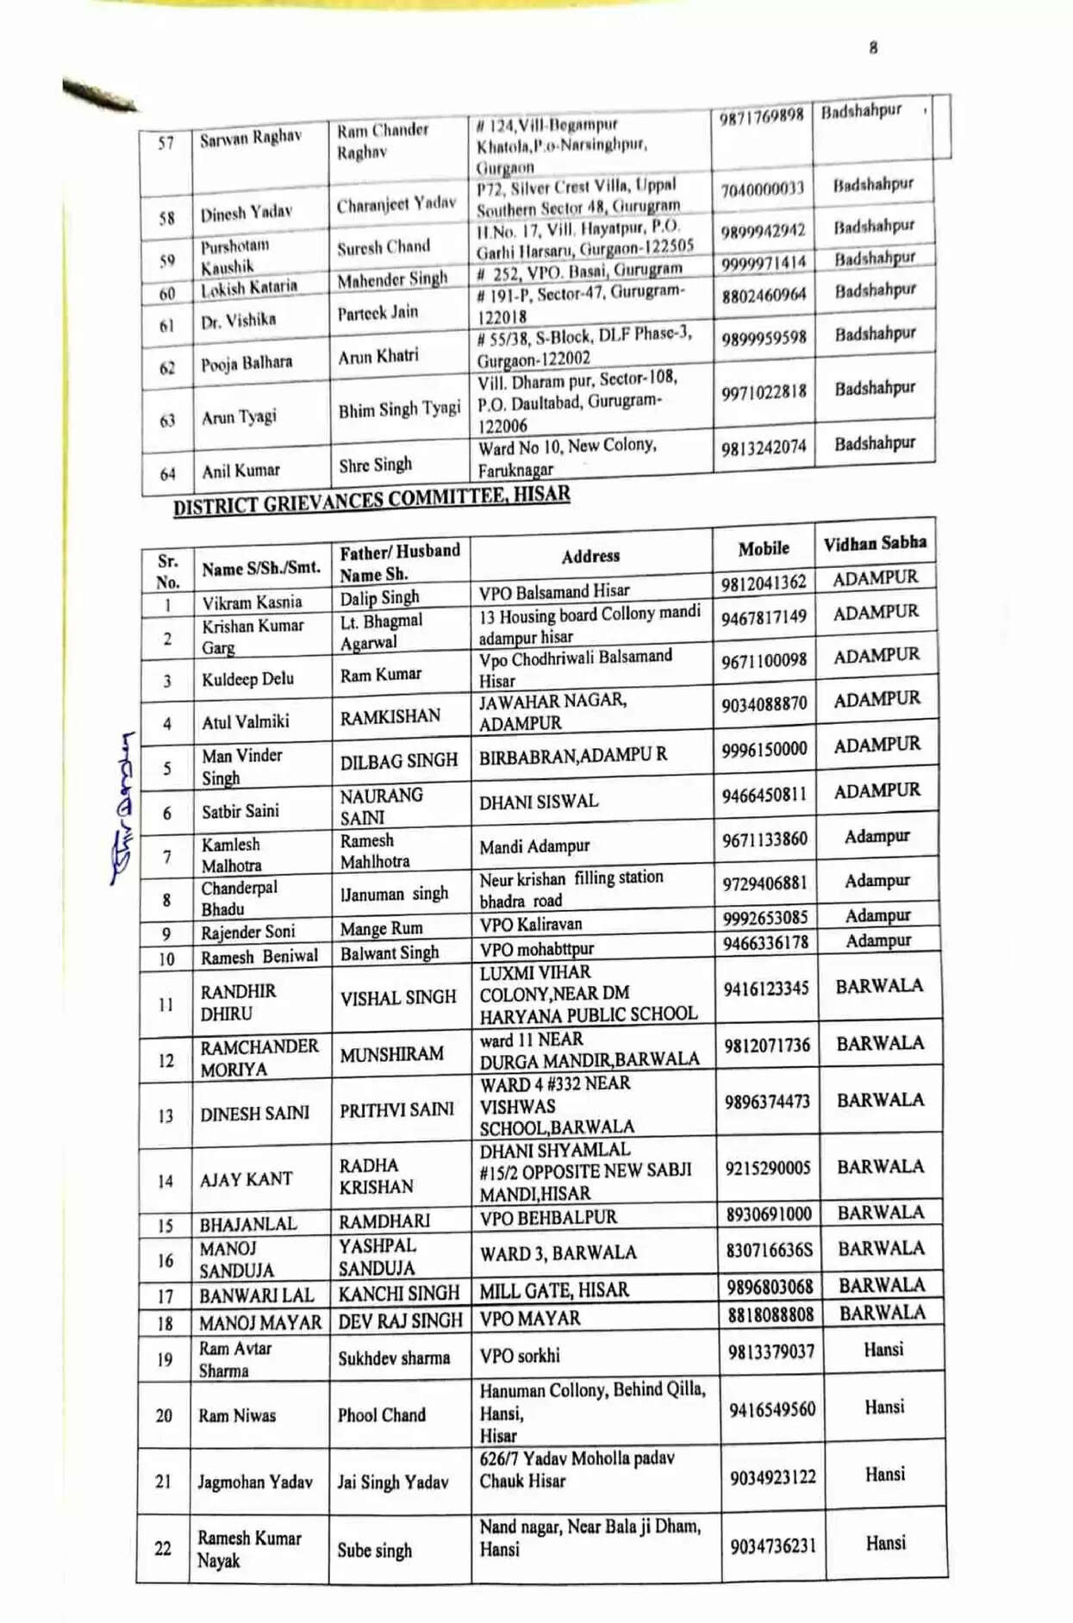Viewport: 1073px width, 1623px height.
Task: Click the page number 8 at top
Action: point(873,48)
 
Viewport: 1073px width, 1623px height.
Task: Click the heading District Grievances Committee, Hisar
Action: point(371,500)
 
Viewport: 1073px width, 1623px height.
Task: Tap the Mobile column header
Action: point(763,548)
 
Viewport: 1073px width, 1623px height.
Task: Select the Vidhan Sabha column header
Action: point(874,543)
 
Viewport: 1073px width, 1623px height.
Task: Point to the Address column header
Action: point(590,556)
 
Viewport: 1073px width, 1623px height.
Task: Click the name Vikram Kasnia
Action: point(252,602)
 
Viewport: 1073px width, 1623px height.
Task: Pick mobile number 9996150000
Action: point(764,749)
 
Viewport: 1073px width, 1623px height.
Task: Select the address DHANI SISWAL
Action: point(539,802)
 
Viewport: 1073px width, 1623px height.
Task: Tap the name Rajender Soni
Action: point(247,932)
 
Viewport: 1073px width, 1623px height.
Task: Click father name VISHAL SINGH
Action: point(397,997)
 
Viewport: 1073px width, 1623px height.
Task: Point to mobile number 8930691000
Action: point(768,1214)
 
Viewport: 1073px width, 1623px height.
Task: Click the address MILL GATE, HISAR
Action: point(554,1290)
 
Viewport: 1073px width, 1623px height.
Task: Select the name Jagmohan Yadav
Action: point(255,1482)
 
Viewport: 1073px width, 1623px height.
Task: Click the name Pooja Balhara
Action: point(246,364)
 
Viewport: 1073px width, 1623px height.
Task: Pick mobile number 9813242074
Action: point(764,447)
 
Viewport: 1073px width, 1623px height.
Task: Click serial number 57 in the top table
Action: point(165,143)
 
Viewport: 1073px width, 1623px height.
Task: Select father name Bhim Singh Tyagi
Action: point(399,409)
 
